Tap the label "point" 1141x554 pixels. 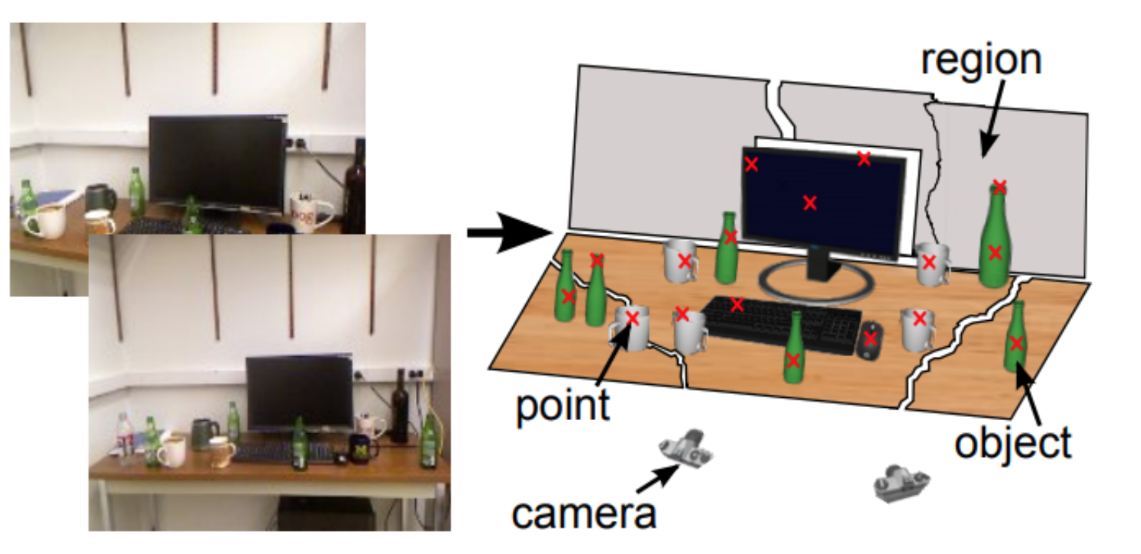563,405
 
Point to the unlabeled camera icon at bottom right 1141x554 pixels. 901,482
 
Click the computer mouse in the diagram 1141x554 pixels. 870,339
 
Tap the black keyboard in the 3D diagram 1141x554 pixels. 780,324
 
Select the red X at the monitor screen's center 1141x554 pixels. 809,202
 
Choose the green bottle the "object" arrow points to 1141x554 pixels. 1016,339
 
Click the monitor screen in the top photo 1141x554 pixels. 217,162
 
